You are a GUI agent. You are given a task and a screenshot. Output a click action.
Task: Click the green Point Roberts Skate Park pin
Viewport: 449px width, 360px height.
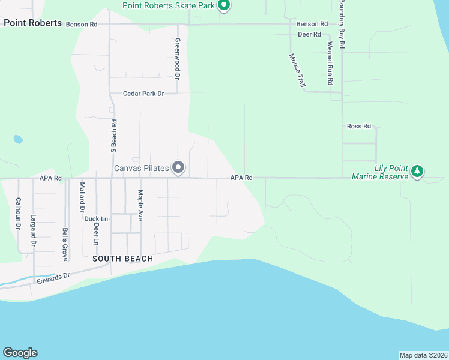224,6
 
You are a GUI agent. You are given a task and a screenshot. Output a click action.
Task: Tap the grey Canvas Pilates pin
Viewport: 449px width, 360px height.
178,167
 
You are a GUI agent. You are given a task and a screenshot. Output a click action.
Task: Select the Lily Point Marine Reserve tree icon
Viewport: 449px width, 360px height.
417,172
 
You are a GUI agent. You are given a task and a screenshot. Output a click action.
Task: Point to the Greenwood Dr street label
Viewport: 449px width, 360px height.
178,59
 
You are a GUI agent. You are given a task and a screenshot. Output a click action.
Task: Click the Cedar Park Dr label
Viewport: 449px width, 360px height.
143,94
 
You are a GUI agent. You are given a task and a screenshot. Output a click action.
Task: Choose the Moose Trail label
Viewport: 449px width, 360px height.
297,70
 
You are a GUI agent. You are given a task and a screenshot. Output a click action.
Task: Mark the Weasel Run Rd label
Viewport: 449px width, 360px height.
330,62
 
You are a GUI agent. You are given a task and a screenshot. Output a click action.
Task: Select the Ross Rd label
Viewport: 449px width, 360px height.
359,126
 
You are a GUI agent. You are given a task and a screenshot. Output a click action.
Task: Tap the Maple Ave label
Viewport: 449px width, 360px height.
140,205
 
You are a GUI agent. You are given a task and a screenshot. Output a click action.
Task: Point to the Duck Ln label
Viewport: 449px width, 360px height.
96,219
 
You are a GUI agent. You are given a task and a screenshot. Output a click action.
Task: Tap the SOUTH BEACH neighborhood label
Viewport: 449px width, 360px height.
122,259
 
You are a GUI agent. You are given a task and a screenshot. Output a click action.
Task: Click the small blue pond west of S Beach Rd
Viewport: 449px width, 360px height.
18,139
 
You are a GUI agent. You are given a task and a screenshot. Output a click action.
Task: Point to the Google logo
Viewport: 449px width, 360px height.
20,353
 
